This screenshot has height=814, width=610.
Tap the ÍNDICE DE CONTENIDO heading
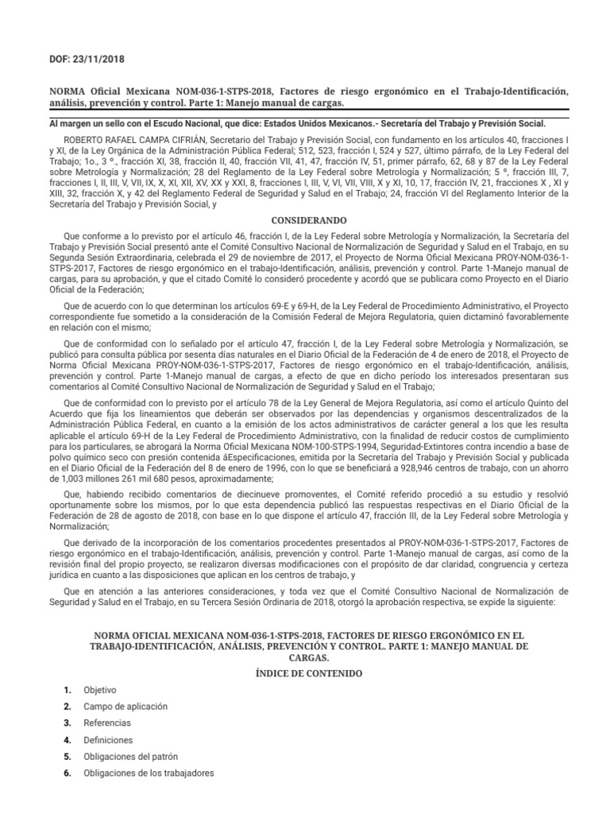click(305, 673)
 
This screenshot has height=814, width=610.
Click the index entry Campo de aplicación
click(125, 706)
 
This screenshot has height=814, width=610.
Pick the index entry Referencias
click(107, 723)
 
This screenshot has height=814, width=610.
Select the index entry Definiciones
click(109, 739)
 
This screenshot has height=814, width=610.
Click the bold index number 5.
click(68, 756)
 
